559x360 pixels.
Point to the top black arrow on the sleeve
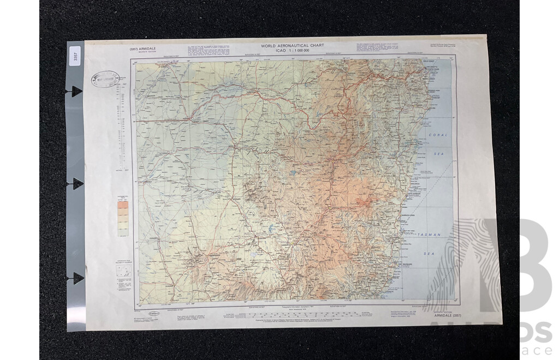coord(76,91)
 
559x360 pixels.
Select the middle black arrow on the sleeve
coord(76,184)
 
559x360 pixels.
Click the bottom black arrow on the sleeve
coord(77,278)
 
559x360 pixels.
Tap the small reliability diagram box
coord(124,272)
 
